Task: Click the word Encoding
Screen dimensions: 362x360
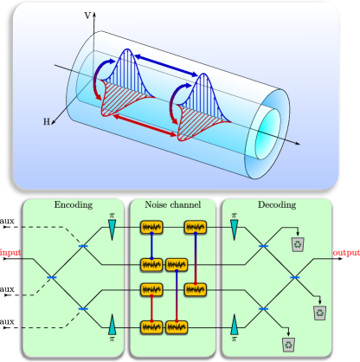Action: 73,205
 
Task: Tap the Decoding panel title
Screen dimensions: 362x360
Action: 276,205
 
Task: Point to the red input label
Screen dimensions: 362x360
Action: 10,254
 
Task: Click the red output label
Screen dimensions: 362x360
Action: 346,253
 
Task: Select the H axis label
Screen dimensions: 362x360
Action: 48,123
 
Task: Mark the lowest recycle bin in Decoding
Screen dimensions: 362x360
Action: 288,344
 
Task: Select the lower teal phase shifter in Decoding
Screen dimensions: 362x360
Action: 234,327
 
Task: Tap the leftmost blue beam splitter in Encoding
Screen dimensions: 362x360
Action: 51,277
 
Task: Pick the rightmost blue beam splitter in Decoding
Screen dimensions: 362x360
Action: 294,277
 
